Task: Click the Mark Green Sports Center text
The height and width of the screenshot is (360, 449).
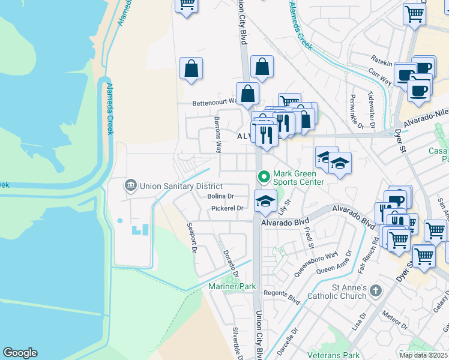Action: (x=298, y=178)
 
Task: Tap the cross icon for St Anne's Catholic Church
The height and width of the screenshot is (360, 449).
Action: (x=375, y=291)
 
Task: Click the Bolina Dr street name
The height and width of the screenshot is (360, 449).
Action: (x=220, y=196)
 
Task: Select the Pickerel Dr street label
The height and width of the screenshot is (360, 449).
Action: (x=227, y=208)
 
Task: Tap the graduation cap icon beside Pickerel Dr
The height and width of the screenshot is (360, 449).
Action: (x=265, y=201)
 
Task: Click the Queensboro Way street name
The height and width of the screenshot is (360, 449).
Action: (x=316, y=265)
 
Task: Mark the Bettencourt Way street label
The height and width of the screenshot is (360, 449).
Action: (x=215, y=103)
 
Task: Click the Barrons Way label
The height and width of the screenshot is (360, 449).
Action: (x=218, y=135)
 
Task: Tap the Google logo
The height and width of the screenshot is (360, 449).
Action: (x=20, y=353)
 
